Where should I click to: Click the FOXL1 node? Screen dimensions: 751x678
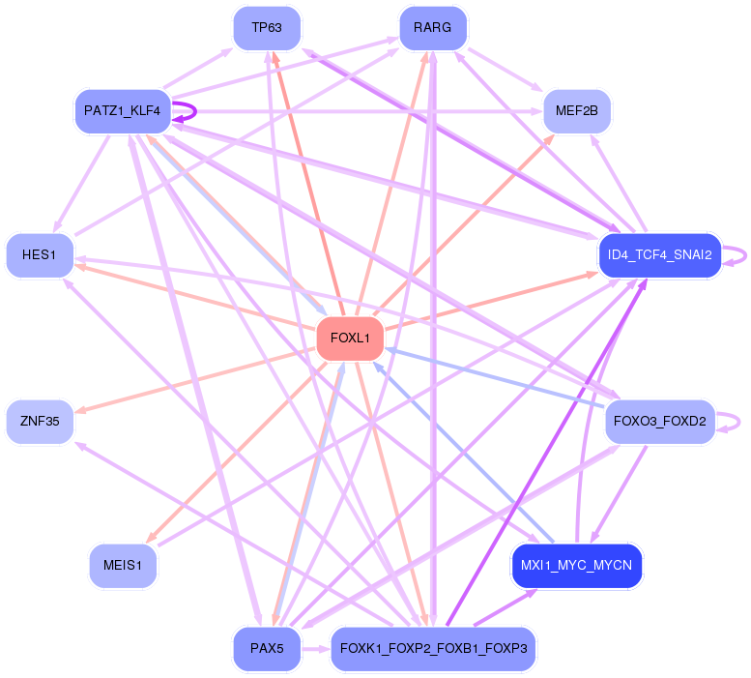350,339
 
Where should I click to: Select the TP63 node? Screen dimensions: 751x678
267,28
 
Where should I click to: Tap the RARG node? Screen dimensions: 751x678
433,28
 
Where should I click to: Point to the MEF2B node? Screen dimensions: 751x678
577,111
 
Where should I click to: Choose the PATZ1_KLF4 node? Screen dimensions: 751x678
123,111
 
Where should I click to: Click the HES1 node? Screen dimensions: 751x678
40,255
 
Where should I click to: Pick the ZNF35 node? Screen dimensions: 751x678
40,422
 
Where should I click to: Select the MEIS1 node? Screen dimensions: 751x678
123,566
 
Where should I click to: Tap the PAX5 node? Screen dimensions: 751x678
267,648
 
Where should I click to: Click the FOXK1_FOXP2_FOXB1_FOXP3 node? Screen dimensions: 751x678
433,648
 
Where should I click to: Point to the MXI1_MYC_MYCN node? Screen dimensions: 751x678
577,566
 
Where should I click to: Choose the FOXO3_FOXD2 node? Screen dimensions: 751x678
660,422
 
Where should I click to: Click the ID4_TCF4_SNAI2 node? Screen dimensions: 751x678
660,255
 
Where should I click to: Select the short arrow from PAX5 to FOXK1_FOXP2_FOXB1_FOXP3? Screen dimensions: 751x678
316,649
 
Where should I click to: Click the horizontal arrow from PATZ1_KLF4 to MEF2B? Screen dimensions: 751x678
357,111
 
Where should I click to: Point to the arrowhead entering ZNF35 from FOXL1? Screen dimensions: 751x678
81,410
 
